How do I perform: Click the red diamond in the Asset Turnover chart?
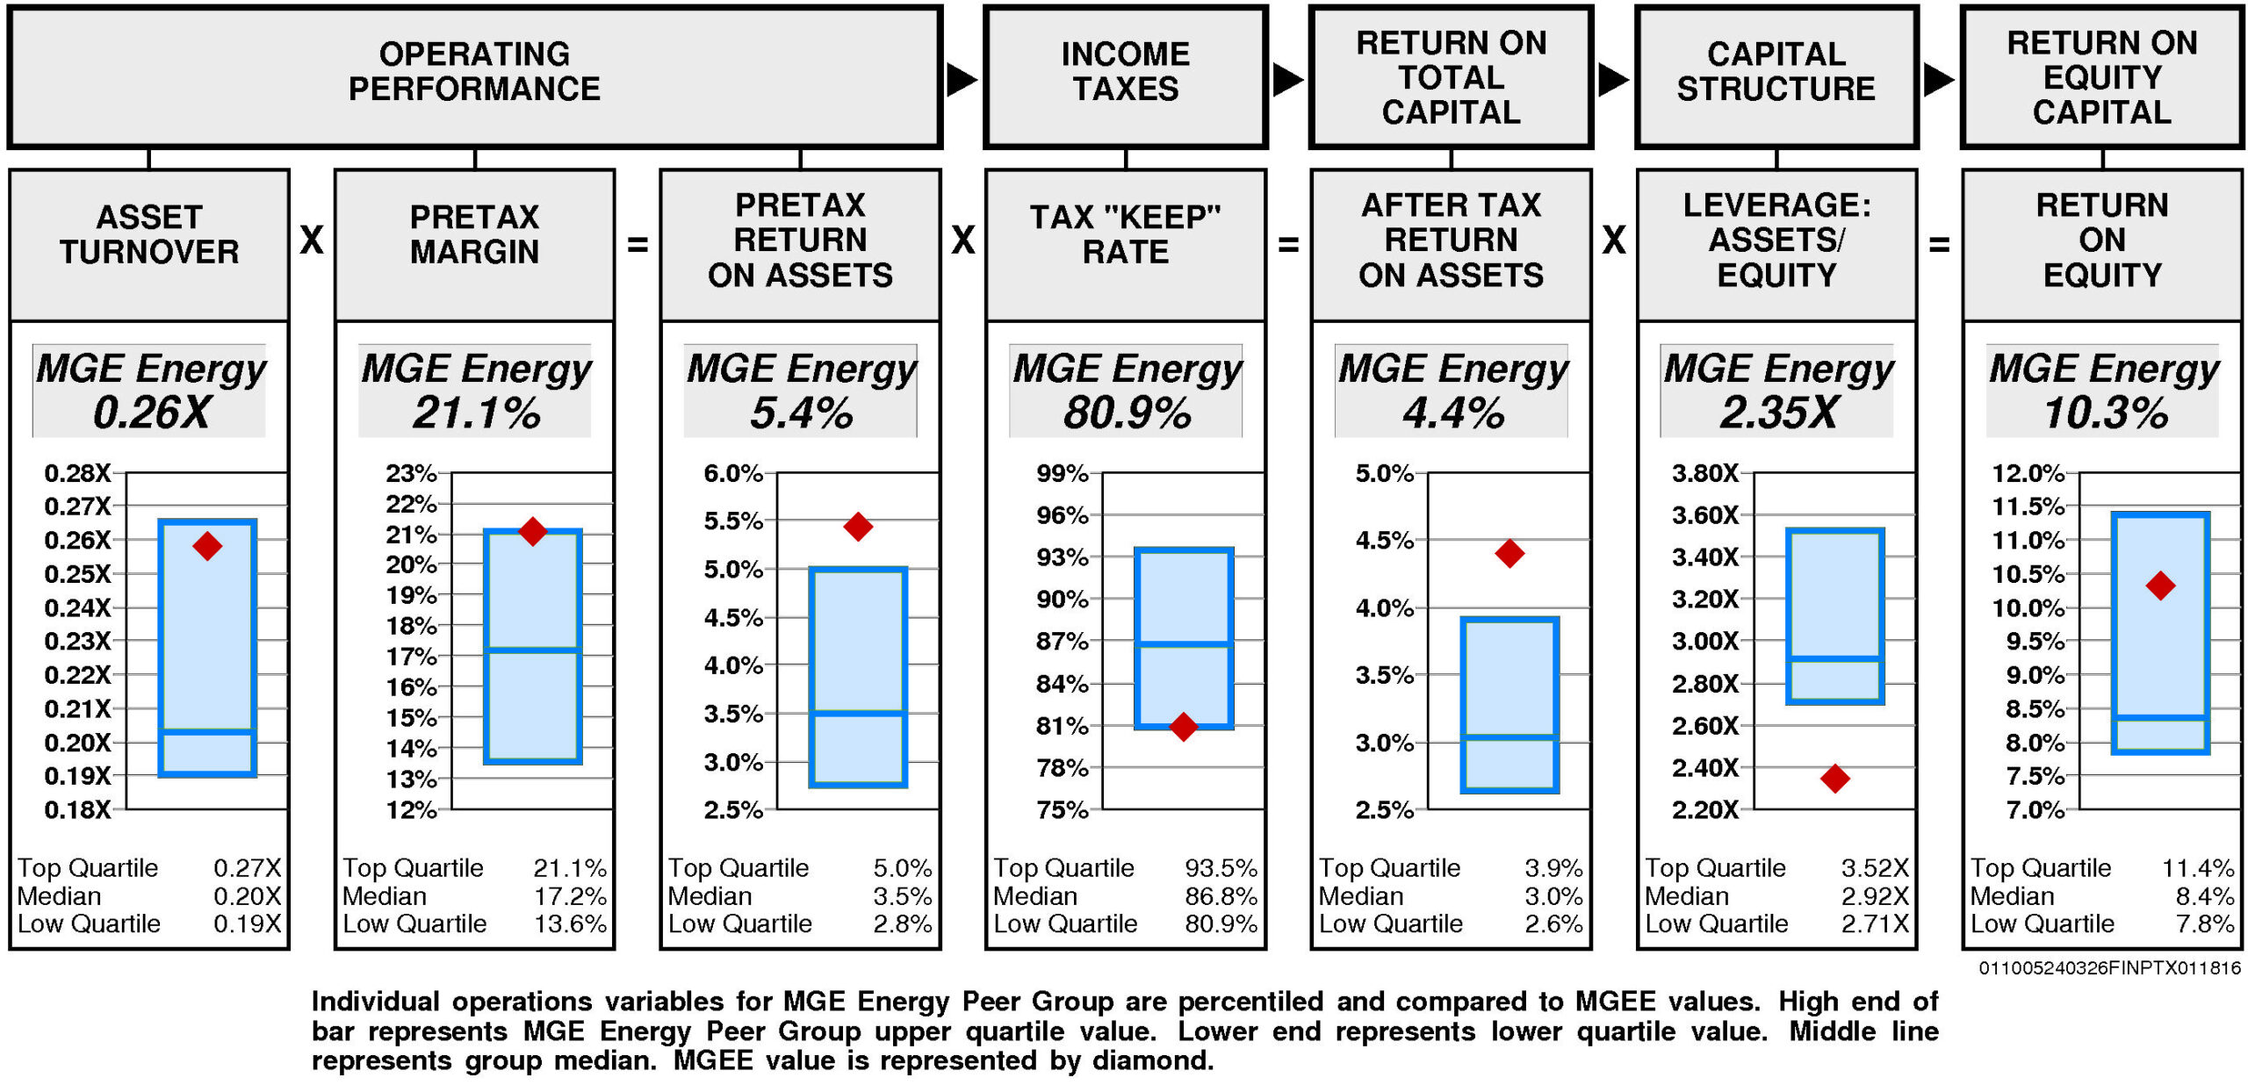pyautogui.click(x=207, y=546)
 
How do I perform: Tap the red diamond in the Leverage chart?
pyautogui.click(x=1835, y=778)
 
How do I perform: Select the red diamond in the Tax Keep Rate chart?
pyautogui.click(x=1184, y=726)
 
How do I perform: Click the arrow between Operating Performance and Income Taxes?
pyautogui.click(x=962, y=80)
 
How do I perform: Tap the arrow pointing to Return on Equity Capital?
pyautogui.click(x=1938, y=80)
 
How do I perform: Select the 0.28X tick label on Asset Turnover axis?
pyautogui.click(x=77, y=474)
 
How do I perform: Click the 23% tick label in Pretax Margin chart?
pyautogui.click(x=411, y=474)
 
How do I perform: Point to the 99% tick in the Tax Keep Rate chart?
pyautogui.click(x=1063, y=474)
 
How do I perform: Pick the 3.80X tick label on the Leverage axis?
pyautogui.click(x=1704, y=474)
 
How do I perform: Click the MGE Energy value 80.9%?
pyautogui.click(x=1127, y=413)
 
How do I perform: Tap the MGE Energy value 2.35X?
pyautogui.click(x=1778, y=413)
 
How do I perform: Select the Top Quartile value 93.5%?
pyautogui.click(x=1221, y=868)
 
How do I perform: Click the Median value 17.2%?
pyautogui.click(x=570, y=896)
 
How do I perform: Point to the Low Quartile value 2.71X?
pyautogui.click(x=1875, y=923)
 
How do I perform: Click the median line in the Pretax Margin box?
pyautogui.click(x=532, y=650)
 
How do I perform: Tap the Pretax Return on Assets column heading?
pyautogui.click(x=800, y=241)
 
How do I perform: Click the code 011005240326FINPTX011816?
pyautogui.click(x=2109, y=967)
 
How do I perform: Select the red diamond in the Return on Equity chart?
pyautogui.click(x=2160, y=586)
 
